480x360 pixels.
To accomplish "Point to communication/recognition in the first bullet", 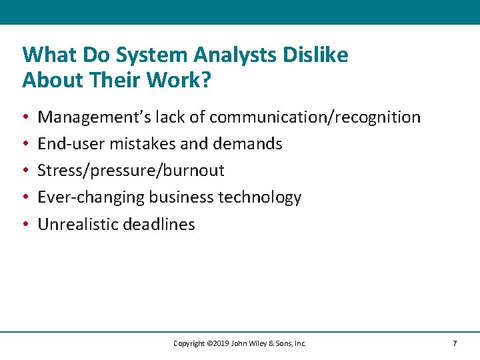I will coord(315,118).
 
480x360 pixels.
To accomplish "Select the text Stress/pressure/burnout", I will coord(131,171).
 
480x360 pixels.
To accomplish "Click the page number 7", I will coord(455,343).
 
